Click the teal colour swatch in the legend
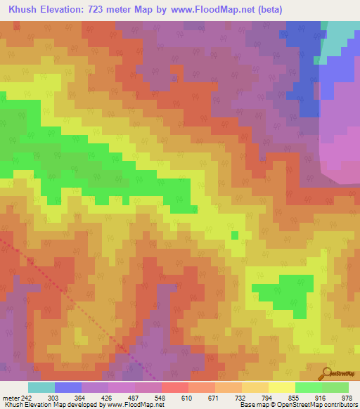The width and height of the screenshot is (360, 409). (41, 387)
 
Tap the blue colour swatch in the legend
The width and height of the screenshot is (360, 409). (68, 387)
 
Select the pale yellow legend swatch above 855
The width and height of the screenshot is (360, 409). (282, 387)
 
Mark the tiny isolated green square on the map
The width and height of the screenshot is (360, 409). (236, 235)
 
